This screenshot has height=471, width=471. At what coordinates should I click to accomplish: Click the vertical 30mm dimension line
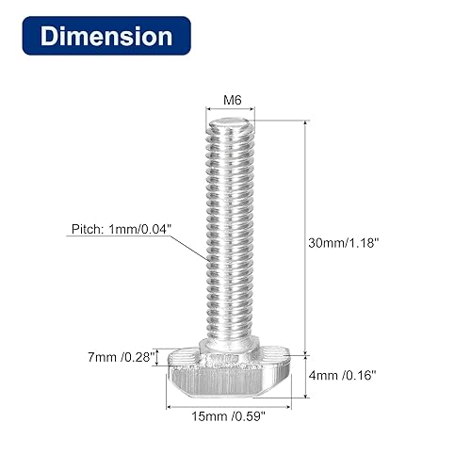(x=306, y=235)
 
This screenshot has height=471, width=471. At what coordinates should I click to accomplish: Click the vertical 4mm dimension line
(x=306, y=378)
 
